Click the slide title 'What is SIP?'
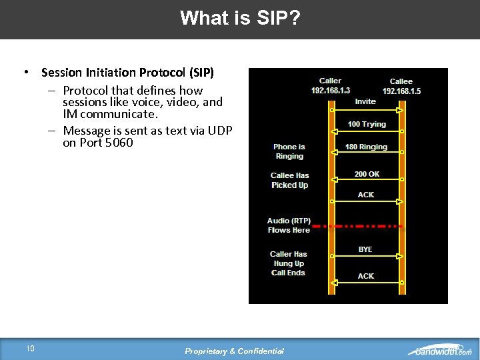tap(240, 18)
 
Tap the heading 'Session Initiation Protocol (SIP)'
tap(127, 72)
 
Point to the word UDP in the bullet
tap(219, 131)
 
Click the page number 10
tap(30, 348)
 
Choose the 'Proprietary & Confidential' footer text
tap(234, 351)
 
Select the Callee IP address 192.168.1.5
tap(401, 91)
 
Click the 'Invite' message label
tap(365, 101)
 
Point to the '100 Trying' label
tap(367, 124)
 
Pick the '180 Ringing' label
tap(366, 147)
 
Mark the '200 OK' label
tap(367, 174)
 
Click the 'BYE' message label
tap(365, 249)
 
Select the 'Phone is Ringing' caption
tap(289, 151)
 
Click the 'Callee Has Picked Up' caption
tap(289, 180)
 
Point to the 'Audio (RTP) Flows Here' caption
tap(289, 225)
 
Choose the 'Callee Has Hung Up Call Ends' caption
tap(288, 263)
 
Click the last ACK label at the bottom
tap(366, 276)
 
